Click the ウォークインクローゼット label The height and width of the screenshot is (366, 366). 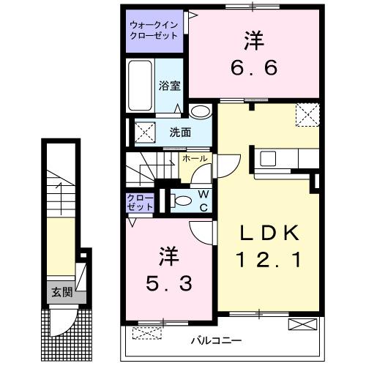[x=153, y=30]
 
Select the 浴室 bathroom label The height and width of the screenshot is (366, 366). [x=169, y=84]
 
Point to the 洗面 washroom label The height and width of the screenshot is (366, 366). [x=180, y=132]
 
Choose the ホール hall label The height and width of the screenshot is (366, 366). [x=194, y=158]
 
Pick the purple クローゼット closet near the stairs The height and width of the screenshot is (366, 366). [x=140, y=203]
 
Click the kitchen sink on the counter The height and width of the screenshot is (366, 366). [x=268, y=157]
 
